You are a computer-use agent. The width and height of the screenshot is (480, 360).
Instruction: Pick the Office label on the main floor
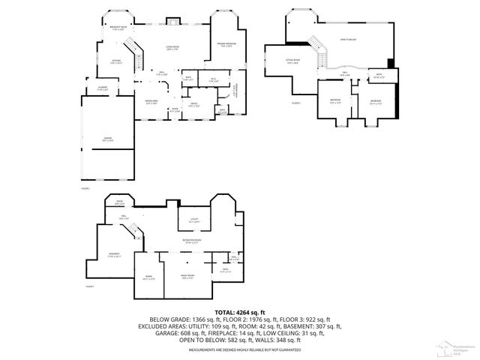tap(193, 103)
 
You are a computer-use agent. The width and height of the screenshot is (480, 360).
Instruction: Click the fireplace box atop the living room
tap(172, 20)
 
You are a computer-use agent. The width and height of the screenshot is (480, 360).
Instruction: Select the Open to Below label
tap(348, 38)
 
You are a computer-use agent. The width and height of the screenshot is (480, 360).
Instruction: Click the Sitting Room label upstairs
tap(292, 61)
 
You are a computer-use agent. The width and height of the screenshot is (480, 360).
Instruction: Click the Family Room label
tap(185, 277)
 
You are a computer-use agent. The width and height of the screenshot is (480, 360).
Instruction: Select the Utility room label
tap(193, 220)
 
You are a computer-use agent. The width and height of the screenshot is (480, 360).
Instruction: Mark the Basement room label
tap(114, 256)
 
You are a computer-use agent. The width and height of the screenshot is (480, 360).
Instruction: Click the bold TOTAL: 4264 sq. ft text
tap(239, 311)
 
